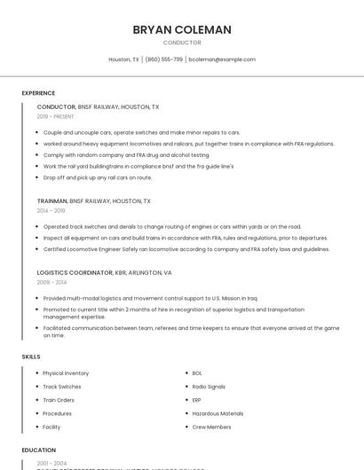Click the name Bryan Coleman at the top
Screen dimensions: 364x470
(x=182, y=29)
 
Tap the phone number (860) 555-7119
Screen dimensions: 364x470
(x=164, y=59)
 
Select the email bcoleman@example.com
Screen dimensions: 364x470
(x=222, y=59)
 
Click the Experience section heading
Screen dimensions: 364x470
(x=38, y=93)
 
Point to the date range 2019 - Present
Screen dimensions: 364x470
(x=56, y=116)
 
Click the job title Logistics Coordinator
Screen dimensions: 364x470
(x=75, y=272)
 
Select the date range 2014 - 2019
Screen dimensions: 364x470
(x=51, y=211)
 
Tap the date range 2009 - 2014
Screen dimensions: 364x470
(x=51, y=282)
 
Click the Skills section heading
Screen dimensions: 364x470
(x=31, y=356)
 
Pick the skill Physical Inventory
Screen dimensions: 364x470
(x=66, y=373)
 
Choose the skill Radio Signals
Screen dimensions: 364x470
(x=209, y=387)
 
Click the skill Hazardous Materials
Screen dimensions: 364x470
(x=218, y=413)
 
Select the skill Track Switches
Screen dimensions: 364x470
(x=62, y=387)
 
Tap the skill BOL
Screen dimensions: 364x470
(x=197, y=373)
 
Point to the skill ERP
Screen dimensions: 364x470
(x=197, y=400)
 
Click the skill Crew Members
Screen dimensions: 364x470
(x=211, y=427)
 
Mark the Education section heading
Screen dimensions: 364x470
(x=39, y=450)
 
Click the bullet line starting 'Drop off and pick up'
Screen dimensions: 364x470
(x=98, y=177)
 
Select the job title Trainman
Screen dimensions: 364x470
(x=52, y=201)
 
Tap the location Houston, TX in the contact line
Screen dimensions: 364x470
(x=123, y=59)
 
